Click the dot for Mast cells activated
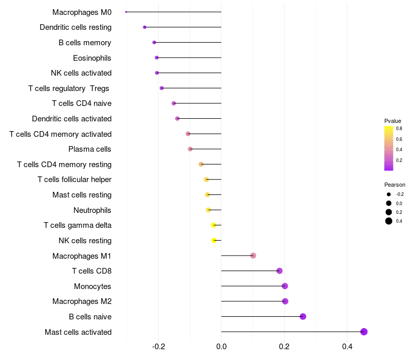click(x=364, y=332)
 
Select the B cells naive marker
click(x=303, y=316)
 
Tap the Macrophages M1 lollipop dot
click(x=253, y=256)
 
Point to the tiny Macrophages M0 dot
click(x=126, y=12)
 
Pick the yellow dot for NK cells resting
click(x=214, y=240)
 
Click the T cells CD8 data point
click(x=279, y=271)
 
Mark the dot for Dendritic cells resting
click(x=144, y=27)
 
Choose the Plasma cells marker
click(x=190, y=149)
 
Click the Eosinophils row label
click(x=92, y=58)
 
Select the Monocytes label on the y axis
click(x=92, y=286)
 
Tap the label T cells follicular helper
click(x=74, y=179)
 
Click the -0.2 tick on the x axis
click(x=158, y=347)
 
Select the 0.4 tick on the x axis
click(x=347, y=347)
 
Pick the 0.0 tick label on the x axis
click(x=221, y=347)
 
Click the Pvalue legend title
click(x=393, y=121)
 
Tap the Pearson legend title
click(x=395, y=185)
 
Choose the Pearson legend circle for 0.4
click(x=389, y=221)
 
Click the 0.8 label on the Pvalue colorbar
click(x=399, y=129)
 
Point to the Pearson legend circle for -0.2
click(x=389, y=194)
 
